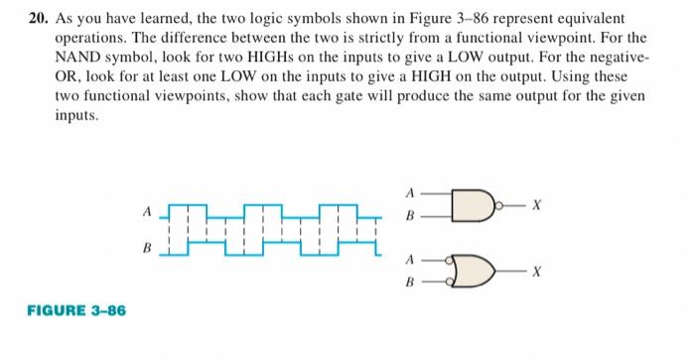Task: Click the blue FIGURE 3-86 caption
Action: [76, 311]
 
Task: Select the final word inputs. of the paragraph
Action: [77, 116]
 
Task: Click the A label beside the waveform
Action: [147, 210]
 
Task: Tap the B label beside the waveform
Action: [147, 248]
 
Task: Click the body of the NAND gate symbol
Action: [468, 204]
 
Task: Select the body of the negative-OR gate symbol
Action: [475, 270]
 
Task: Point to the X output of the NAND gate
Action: [536, 204]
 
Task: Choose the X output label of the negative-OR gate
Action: [536, 270]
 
